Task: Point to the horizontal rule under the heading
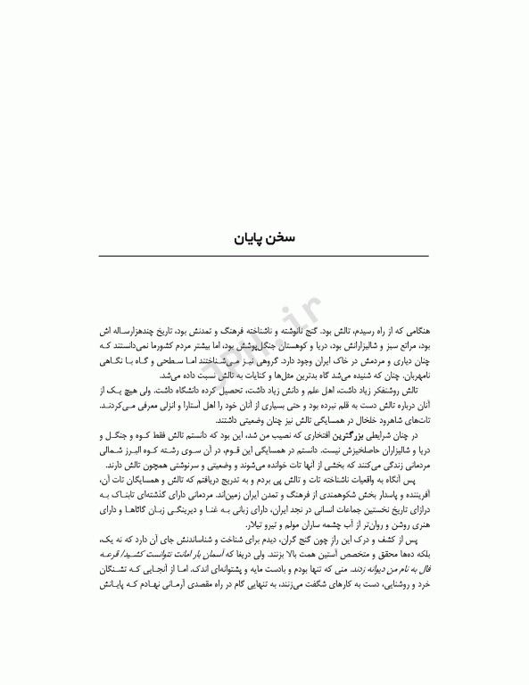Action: click(264, 257)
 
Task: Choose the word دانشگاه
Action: click(188, 392)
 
